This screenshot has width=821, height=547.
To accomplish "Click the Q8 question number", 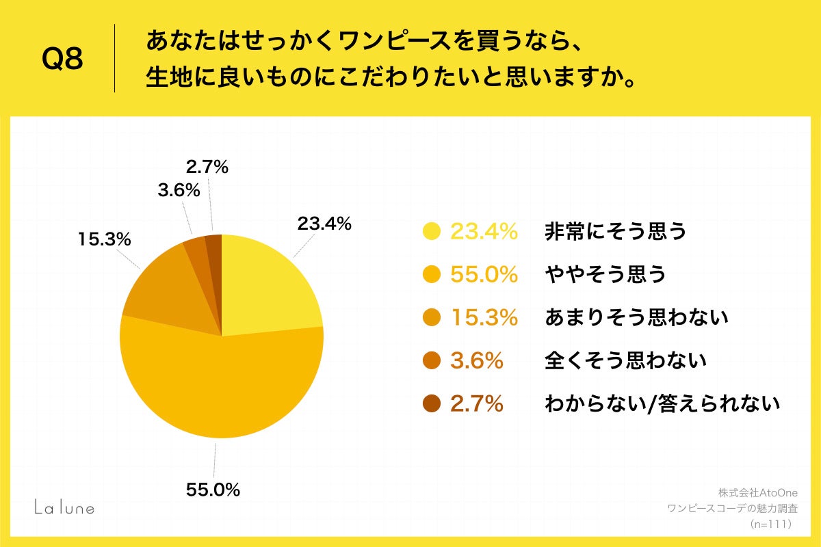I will pyautogui.click(x=62, y=59).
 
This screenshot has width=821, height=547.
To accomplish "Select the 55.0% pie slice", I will pyautogui.click(x=219, y=390).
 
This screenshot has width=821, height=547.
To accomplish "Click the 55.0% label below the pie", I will pyautogui.click(x=213, y=490).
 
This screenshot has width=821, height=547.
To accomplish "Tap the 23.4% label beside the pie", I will pyautogui.click(x=324, y=223).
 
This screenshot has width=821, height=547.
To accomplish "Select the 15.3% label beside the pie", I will pyautogui.click(x=104, y=239).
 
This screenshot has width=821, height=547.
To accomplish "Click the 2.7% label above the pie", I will pyautogui.click(x=207, y=166).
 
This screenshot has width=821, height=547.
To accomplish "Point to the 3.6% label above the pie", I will pyautogui.click(x=179, y=190).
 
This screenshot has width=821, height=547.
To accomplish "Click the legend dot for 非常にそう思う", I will pyautogui.click(x=432, y=232).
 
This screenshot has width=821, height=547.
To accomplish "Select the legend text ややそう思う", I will pyautogui.click(x=605, y=275).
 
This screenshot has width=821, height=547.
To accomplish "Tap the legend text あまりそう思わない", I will pyautogui.click(x=636, y=317).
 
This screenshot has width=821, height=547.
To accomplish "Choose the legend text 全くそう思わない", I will pyautogui.click(x=625, y=360).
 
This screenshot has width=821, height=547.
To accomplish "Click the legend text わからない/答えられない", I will pyautogui.click(x=662, y=403).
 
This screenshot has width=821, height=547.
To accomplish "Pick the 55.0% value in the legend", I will pyautogui.click(x=483, y=275).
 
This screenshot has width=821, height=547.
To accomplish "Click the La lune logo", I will pyautogui.click(x=64, y=507).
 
